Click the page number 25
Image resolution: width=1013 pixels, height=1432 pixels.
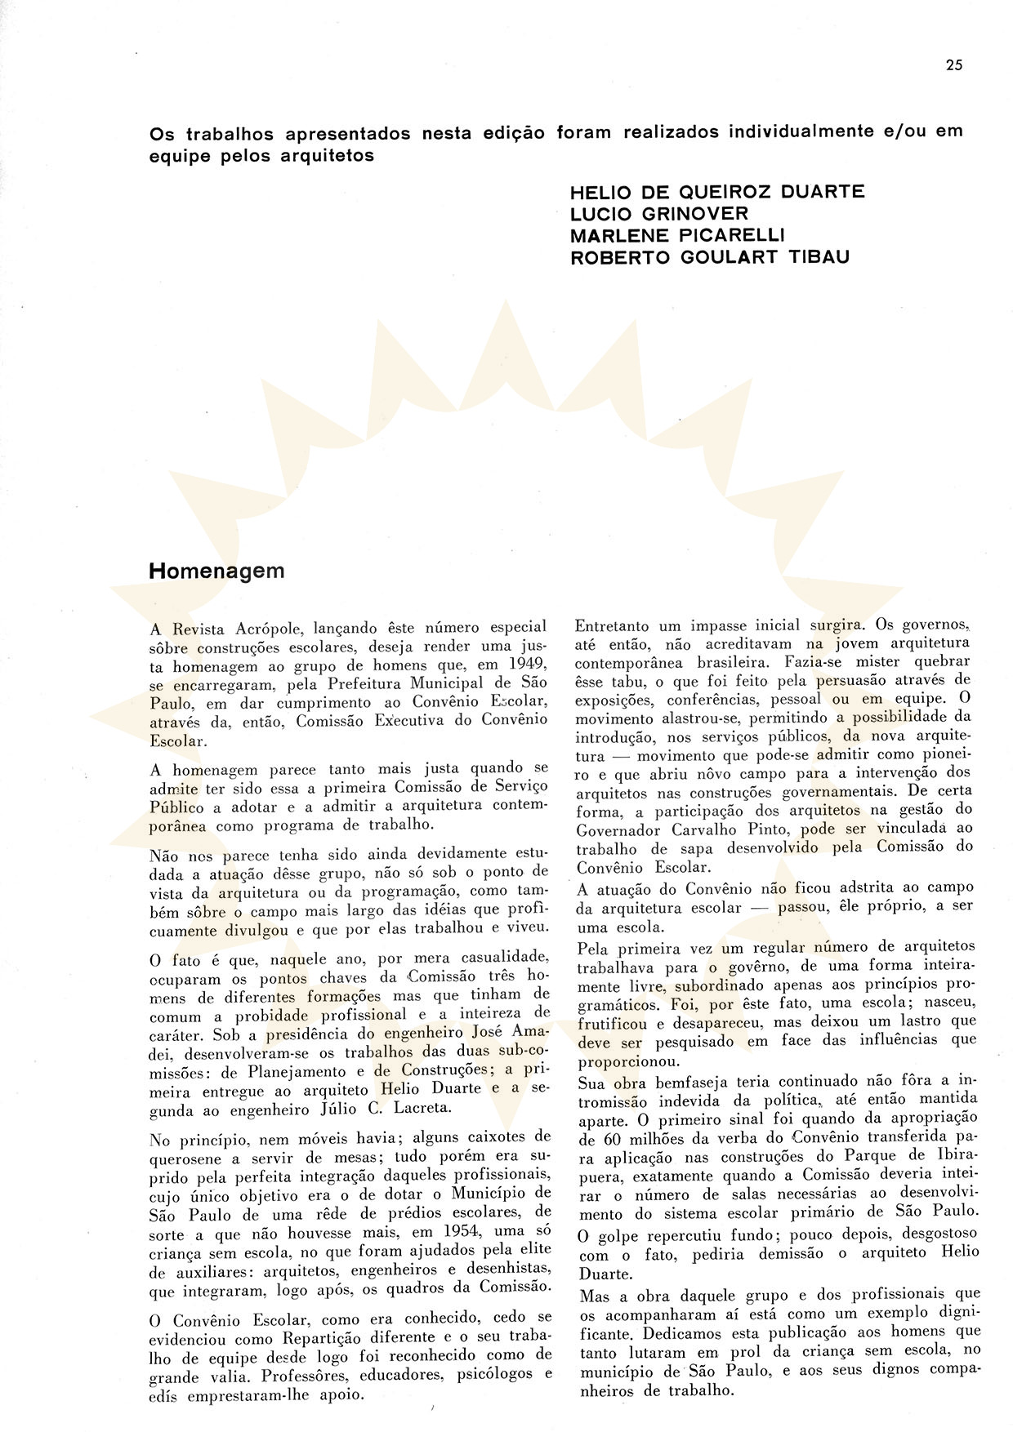954,66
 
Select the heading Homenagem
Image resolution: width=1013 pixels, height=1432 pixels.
216,571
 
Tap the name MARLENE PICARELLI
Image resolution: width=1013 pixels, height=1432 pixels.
677,235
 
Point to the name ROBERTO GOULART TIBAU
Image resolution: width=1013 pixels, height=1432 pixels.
710,256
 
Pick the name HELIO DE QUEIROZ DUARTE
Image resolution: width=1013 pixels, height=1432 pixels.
717,193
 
